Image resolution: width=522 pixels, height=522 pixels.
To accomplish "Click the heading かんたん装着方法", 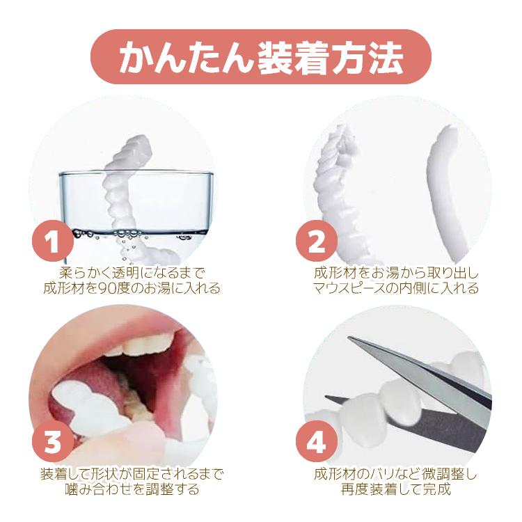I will click(x=260, y=57).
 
